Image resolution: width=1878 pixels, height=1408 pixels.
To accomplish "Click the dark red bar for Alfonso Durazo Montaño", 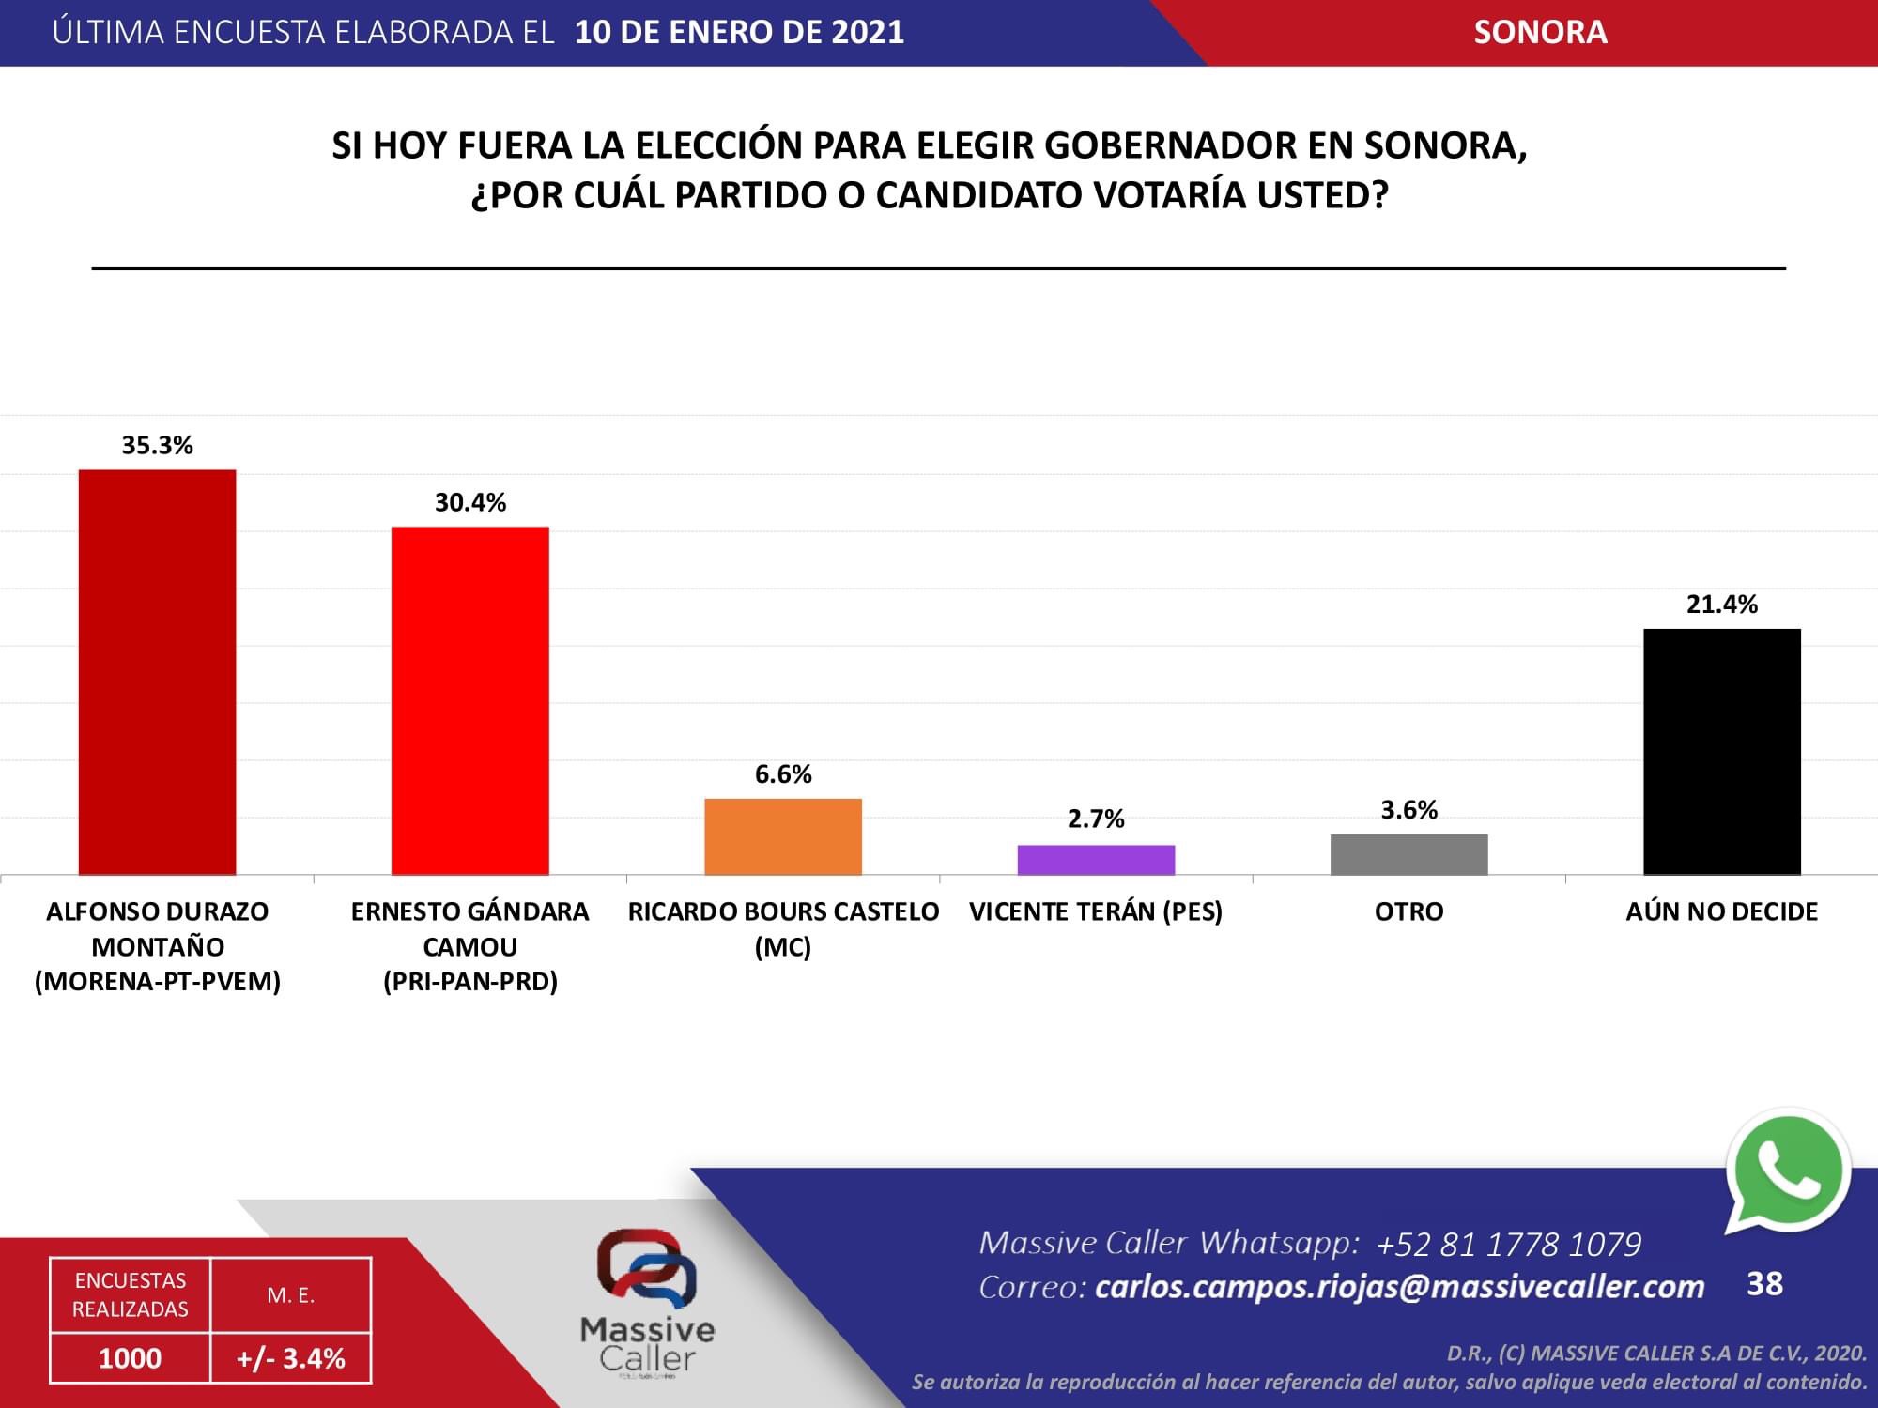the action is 157,672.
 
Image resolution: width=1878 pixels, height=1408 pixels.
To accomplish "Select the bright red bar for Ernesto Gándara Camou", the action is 470,701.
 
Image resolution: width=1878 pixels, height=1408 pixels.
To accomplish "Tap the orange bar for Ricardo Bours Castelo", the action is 783,836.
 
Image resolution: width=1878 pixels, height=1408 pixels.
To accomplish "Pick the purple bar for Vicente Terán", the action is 1097,860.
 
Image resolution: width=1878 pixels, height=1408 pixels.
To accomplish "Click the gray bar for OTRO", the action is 1409,854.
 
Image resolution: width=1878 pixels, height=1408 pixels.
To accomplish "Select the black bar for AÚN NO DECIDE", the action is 1722,752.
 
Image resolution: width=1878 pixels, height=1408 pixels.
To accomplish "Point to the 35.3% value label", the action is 157,445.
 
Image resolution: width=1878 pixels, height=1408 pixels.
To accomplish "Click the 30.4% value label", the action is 470,502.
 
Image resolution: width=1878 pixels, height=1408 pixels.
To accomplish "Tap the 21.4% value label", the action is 1722,605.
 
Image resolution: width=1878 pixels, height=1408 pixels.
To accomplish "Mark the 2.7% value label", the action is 1096,819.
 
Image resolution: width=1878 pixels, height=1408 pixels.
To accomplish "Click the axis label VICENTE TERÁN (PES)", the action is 1096,911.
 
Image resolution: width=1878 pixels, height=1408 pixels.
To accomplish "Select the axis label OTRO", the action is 1409,911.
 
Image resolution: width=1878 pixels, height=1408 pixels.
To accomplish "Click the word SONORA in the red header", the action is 1540,32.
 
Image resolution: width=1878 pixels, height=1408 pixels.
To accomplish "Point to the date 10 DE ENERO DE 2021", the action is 740,32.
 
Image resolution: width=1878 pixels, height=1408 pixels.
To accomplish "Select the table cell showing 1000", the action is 131,1358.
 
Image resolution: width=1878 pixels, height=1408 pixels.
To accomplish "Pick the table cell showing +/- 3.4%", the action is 291,1358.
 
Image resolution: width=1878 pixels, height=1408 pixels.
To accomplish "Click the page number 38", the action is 1764,1283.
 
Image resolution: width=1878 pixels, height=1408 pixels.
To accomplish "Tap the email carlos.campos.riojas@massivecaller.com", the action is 1400,1287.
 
